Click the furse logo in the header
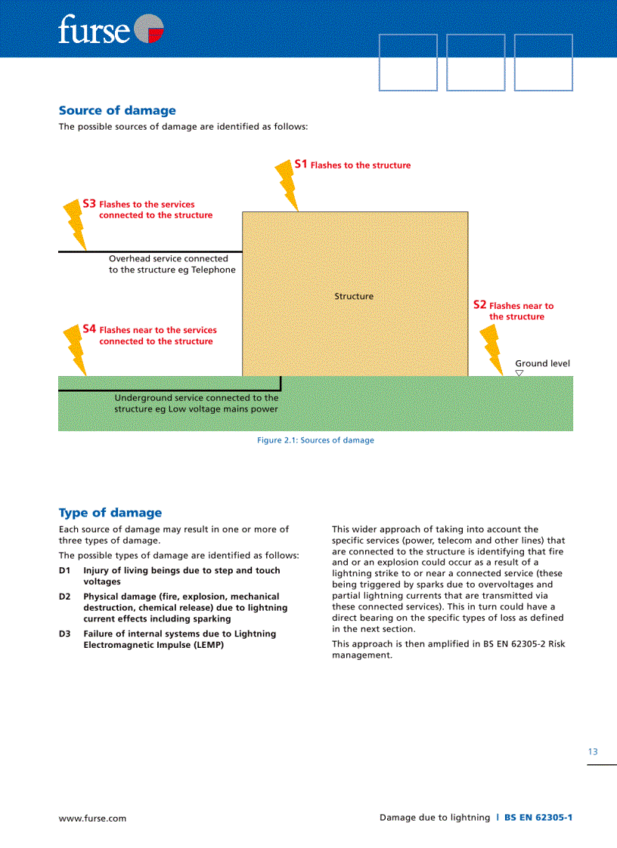[110, 29]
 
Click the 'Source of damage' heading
[117, 110]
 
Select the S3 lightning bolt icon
[76, 226]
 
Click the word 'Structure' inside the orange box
[354, 296]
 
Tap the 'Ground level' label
[542, 363]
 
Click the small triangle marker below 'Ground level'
[519, 373]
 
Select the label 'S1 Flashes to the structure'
[352, 165]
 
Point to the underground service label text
[196, 403]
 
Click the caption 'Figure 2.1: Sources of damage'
[315, 440]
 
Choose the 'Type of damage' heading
[110, 513]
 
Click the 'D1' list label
[65, 571]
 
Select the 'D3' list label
[65, 634]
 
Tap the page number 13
[593, 751]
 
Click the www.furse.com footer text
[93, 818]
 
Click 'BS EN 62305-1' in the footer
[538, 818]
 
